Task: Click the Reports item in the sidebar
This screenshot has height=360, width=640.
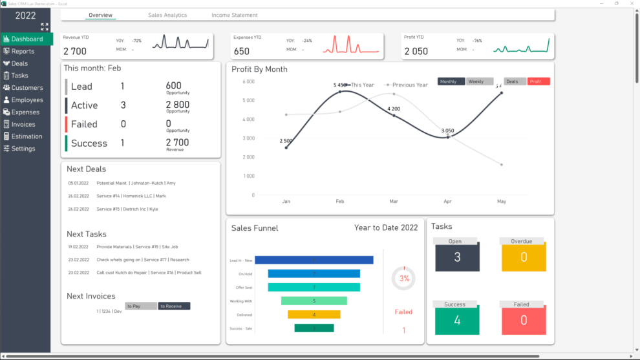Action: click(23, 51)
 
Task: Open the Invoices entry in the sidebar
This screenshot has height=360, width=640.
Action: click(23, 124)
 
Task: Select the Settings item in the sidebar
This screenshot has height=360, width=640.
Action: click(23, 149)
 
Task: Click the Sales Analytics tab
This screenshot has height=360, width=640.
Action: click(167, 15)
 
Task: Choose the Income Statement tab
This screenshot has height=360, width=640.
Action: click(234, 15)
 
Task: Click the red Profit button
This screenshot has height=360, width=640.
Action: click(539, 81)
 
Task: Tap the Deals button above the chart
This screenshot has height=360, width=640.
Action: click(515, 81)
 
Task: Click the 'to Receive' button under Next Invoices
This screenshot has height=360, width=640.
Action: click(174, 306)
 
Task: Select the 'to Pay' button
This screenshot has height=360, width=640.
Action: click(141, 306)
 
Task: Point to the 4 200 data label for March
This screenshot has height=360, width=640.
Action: click(394, 109)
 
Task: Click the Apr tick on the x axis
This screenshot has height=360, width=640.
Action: click(447, 202)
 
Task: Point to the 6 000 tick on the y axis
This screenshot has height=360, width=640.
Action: click(249, 81)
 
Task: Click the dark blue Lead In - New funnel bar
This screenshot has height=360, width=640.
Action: click(314, 260)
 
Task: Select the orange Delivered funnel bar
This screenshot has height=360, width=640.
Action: click(314, 315)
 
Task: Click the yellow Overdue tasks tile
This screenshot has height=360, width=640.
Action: click(523, 257)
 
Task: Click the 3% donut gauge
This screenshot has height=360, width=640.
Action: click(404, 279)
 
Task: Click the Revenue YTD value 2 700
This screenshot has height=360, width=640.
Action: click(74, 52)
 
